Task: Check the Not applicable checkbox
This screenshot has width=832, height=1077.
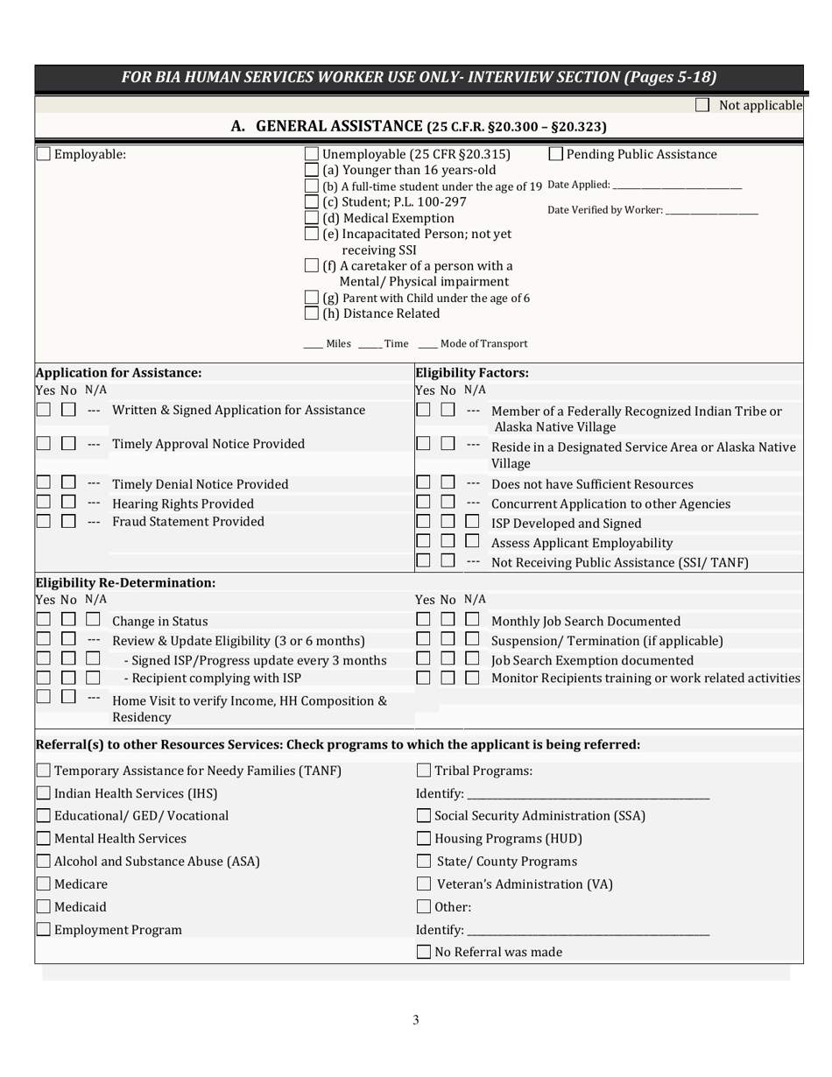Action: [702, 105]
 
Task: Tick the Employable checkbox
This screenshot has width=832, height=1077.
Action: [44, 154]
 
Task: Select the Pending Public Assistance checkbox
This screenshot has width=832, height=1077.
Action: [555, 154]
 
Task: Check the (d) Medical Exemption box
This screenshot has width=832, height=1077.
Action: [312, 218]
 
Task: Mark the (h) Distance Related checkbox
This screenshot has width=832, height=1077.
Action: [312, 313]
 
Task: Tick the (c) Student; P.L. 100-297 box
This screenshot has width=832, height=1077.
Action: [312, 201]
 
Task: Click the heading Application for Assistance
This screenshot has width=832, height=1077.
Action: [118, 372]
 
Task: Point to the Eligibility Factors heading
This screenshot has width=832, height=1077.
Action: [472, 372]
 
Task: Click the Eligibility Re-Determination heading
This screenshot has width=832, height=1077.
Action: [125, 582]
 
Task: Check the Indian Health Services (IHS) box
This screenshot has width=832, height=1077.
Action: [44, 793]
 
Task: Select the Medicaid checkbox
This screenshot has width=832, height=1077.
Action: [44, 907]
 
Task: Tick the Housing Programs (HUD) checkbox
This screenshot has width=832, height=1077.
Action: [424, 839]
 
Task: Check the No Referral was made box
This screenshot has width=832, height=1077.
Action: [424, 952]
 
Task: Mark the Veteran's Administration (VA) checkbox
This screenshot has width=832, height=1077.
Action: [424, 884]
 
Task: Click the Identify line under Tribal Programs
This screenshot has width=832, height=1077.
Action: [588, 795]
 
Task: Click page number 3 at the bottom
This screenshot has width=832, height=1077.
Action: [416, 1019]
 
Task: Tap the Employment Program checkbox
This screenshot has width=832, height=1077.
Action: [44, 930]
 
